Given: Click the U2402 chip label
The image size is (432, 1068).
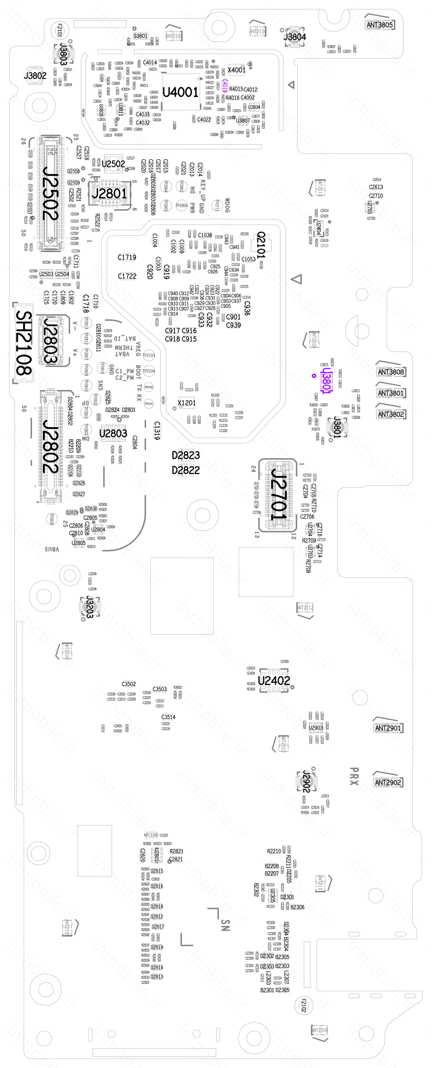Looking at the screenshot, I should point(274,680).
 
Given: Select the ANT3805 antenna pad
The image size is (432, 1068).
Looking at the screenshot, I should point(379,25).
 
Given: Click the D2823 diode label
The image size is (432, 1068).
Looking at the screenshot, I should point(186,455).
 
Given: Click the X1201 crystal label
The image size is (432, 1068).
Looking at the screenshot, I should point(186,403).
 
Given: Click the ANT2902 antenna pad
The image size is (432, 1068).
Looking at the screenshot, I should point(388,782).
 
